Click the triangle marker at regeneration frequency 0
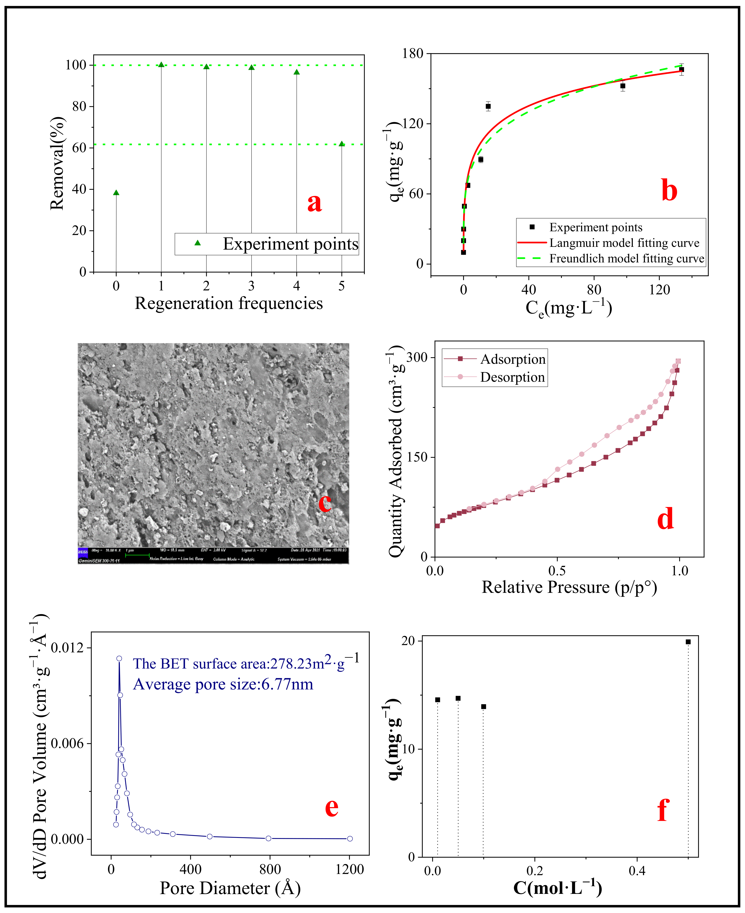[116, 193]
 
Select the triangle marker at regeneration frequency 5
[342, 144]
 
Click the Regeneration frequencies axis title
[229, 303]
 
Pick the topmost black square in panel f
[688, 642]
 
